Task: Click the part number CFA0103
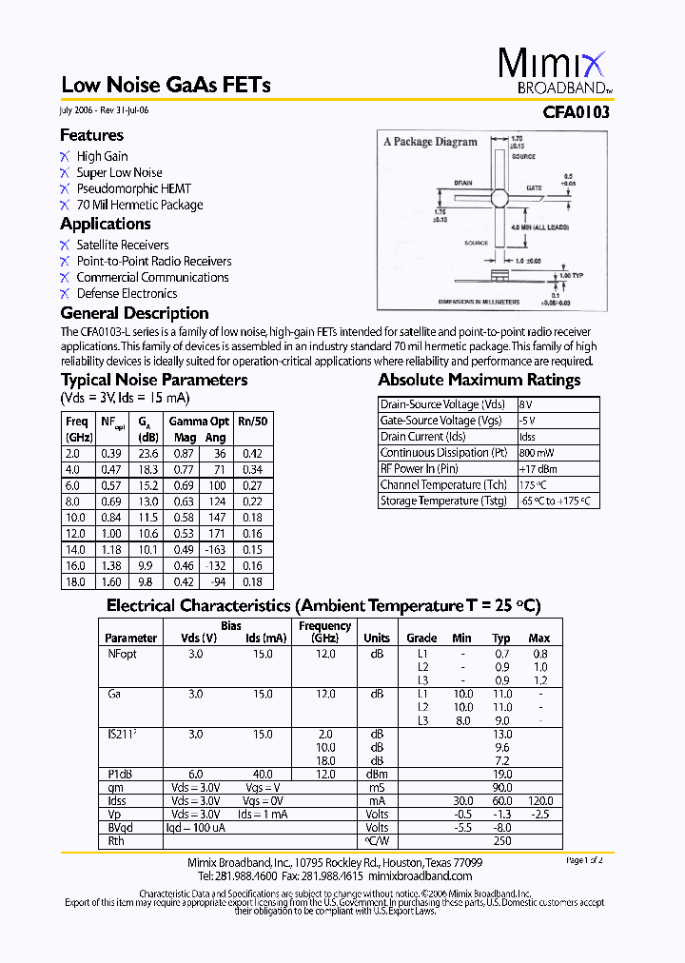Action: tap(577, 111)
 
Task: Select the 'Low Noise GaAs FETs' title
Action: tap(166, 85)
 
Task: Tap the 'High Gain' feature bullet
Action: tap(102, 156)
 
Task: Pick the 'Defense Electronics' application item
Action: tap(127, 293)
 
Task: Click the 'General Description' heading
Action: tap(134, 313)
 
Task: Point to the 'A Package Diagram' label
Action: tap(430, 142)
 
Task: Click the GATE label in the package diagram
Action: tap(534, 188)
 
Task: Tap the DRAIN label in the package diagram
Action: tap(463, 182)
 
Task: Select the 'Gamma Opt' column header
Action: tap(199, 421)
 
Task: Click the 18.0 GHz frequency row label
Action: tap(75, 581)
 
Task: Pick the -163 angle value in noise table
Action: tap(216, 549)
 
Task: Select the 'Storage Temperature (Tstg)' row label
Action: tap(443, 501)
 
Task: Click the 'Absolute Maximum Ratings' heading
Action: tap(479, 380)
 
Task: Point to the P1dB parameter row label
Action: tap(120, 775)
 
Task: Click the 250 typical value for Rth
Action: tap(501, 840)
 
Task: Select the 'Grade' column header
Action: tap(421, 638)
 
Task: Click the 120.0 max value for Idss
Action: tap(538, 801)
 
